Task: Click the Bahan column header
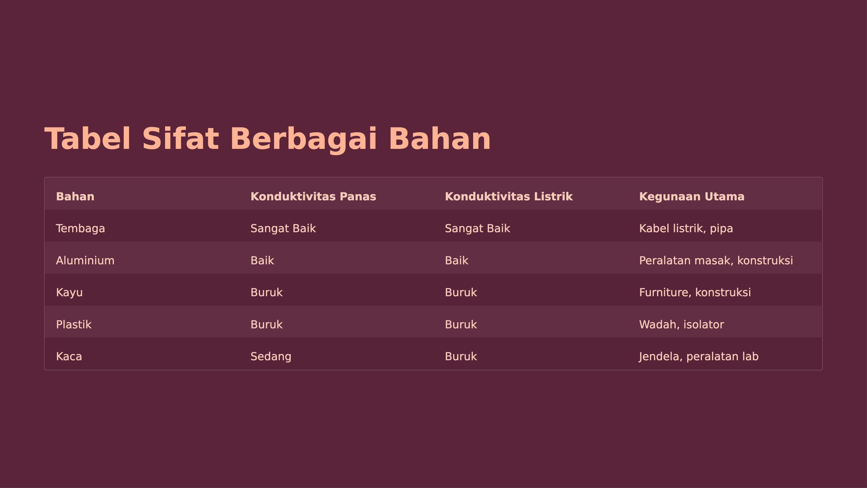click(x=75, y=196)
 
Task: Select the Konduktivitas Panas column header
click(x=313, y=196)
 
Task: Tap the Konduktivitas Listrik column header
click(x=509, y=196)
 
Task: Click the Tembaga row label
click(x=81, y=228)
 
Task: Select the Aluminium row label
click(x=85, y=260)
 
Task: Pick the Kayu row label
click(x=69, y=292)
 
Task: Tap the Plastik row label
click(x=74, y=324)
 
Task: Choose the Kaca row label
click(x=69, y=356)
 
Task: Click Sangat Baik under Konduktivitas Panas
click(x=283, y=228)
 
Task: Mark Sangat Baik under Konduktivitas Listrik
click(x=478, y=228)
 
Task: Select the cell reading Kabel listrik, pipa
click(x=686, y=229)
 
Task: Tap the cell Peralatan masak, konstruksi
click(x=716, y=260)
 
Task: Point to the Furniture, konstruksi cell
click(x=695, y=292)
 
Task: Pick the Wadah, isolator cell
click(x=682, y=324)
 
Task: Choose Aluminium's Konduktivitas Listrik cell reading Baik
click(x=456, y=260)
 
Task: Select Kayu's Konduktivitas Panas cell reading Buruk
click(x=267, y=292)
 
